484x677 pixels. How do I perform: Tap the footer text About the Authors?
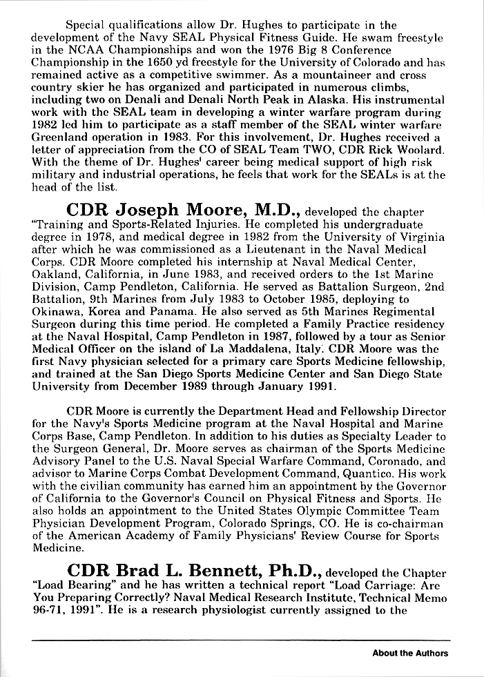(410, 653)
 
